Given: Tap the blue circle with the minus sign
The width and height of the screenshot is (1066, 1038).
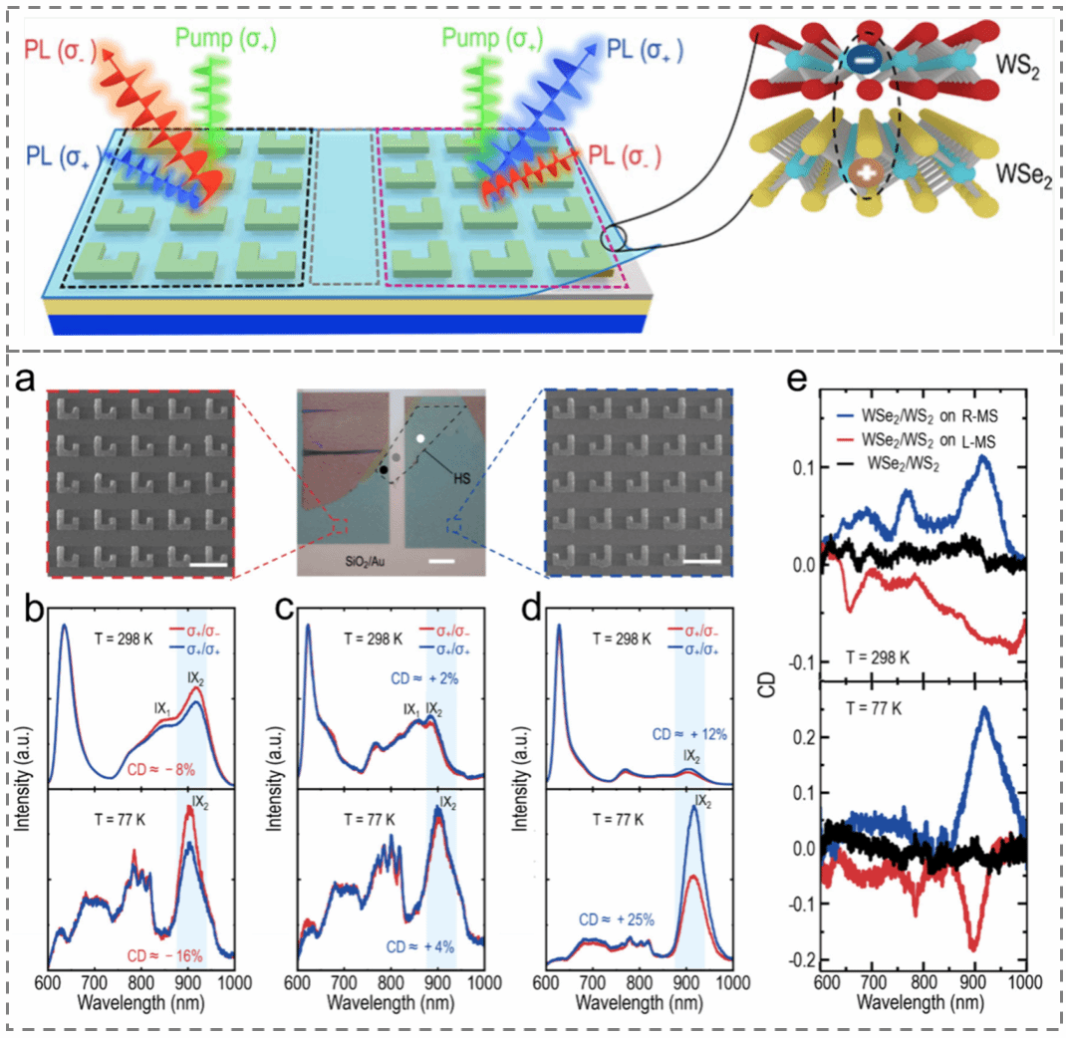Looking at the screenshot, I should [861, 62].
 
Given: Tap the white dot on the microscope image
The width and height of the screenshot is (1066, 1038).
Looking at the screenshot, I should [421, 437].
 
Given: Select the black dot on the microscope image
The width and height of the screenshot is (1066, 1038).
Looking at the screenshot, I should [384, 470].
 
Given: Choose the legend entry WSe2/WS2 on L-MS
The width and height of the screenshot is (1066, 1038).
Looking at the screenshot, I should [932, 436].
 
